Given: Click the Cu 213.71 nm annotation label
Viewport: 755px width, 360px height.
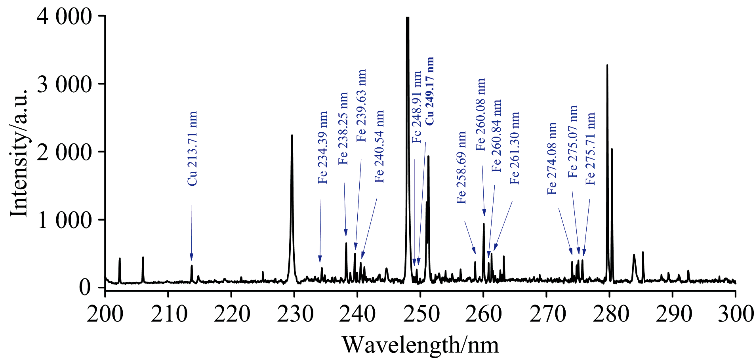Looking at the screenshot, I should point(192,149).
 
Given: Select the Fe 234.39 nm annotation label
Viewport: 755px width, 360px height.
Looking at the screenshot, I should point(323,148).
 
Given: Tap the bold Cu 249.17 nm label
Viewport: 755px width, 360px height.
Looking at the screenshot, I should point(429,91).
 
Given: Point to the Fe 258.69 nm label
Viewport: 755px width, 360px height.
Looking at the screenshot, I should point(461,168).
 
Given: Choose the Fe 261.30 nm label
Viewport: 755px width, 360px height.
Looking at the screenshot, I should point(515,148).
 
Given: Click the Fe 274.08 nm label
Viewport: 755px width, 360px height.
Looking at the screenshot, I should point(552,158).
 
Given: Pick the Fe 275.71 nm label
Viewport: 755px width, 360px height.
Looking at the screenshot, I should point(591,149).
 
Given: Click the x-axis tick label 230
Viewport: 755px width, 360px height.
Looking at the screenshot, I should point(294,314).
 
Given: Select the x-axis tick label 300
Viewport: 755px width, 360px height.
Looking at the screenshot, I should point(735,314).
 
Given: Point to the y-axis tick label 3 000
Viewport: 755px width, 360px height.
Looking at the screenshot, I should point(65,84).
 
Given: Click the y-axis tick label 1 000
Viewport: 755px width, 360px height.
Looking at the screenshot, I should point(65,220).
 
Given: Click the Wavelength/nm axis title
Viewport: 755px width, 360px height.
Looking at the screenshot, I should point(420,345).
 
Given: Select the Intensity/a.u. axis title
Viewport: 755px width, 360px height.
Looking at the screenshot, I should point(19,153).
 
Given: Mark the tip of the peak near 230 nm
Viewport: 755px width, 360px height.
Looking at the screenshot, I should point(292,135).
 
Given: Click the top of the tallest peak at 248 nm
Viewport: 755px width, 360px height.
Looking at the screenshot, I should point(407,18).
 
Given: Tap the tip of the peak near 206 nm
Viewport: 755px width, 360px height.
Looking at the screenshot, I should point(143,257).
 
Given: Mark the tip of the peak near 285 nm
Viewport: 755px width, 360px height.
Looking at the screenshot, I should point(643,252).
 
